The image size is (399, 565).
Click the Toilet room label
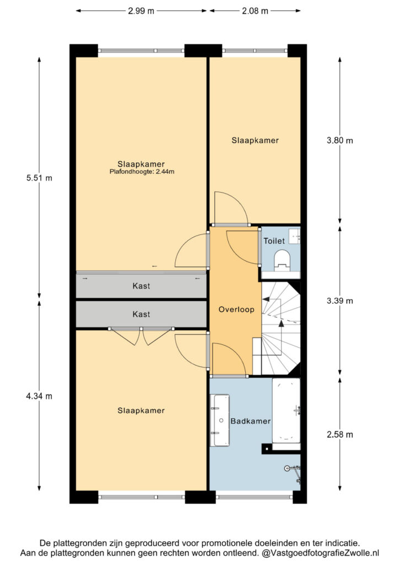point(274,241)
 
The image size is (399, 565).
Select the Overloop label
point(236,310)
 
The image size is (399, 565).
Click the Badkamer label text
point(250,421)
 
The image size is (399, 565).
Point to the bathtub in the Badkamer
point(286,411)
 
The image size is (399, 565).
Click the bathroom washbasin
point(220,420)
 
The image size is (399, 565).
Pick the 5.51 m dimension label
point(39,178)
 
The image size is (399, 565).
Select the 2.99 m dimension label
point(141,11)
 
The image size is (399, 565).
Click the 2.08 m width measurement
point(255,11)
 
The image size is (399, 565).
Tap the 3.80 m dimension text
point(340,141)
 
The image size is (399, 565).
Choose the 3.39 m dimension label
point(340,301)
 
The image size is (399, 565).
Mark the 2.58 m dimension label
point(340,435)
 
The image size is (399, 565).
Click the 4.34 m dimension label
point(39,396)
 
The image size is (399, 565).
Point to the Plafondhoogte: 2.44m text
point(142,172)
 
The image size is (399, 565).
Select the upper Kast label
point(141,286)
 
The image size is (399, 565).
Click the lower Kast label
point(141,314)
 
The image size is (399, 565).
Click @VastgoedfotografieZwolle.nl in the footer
point(320,553)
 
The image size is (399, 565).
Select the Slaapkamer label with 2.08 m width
point(255,141)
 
